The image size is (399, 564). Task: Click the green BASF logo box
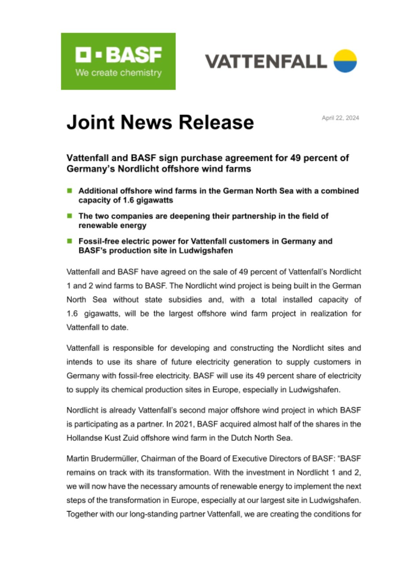coord(118,61)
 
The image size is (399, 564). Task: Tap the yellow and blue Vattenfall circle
coord(345,61)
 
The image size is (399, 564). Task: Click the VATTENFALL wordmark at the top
coord(266,61)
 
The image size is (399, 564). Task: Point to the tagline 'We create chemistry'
coord(118,73)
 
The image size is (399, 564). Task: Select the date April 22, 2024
coord(340,118)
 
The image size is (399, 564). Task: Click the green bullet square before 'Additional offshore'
coord(70,190)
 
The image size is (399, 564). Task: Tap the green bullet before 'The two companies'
coord(70,216)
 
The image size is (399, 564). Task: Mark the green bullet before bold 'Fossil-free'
coord(70,241)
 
